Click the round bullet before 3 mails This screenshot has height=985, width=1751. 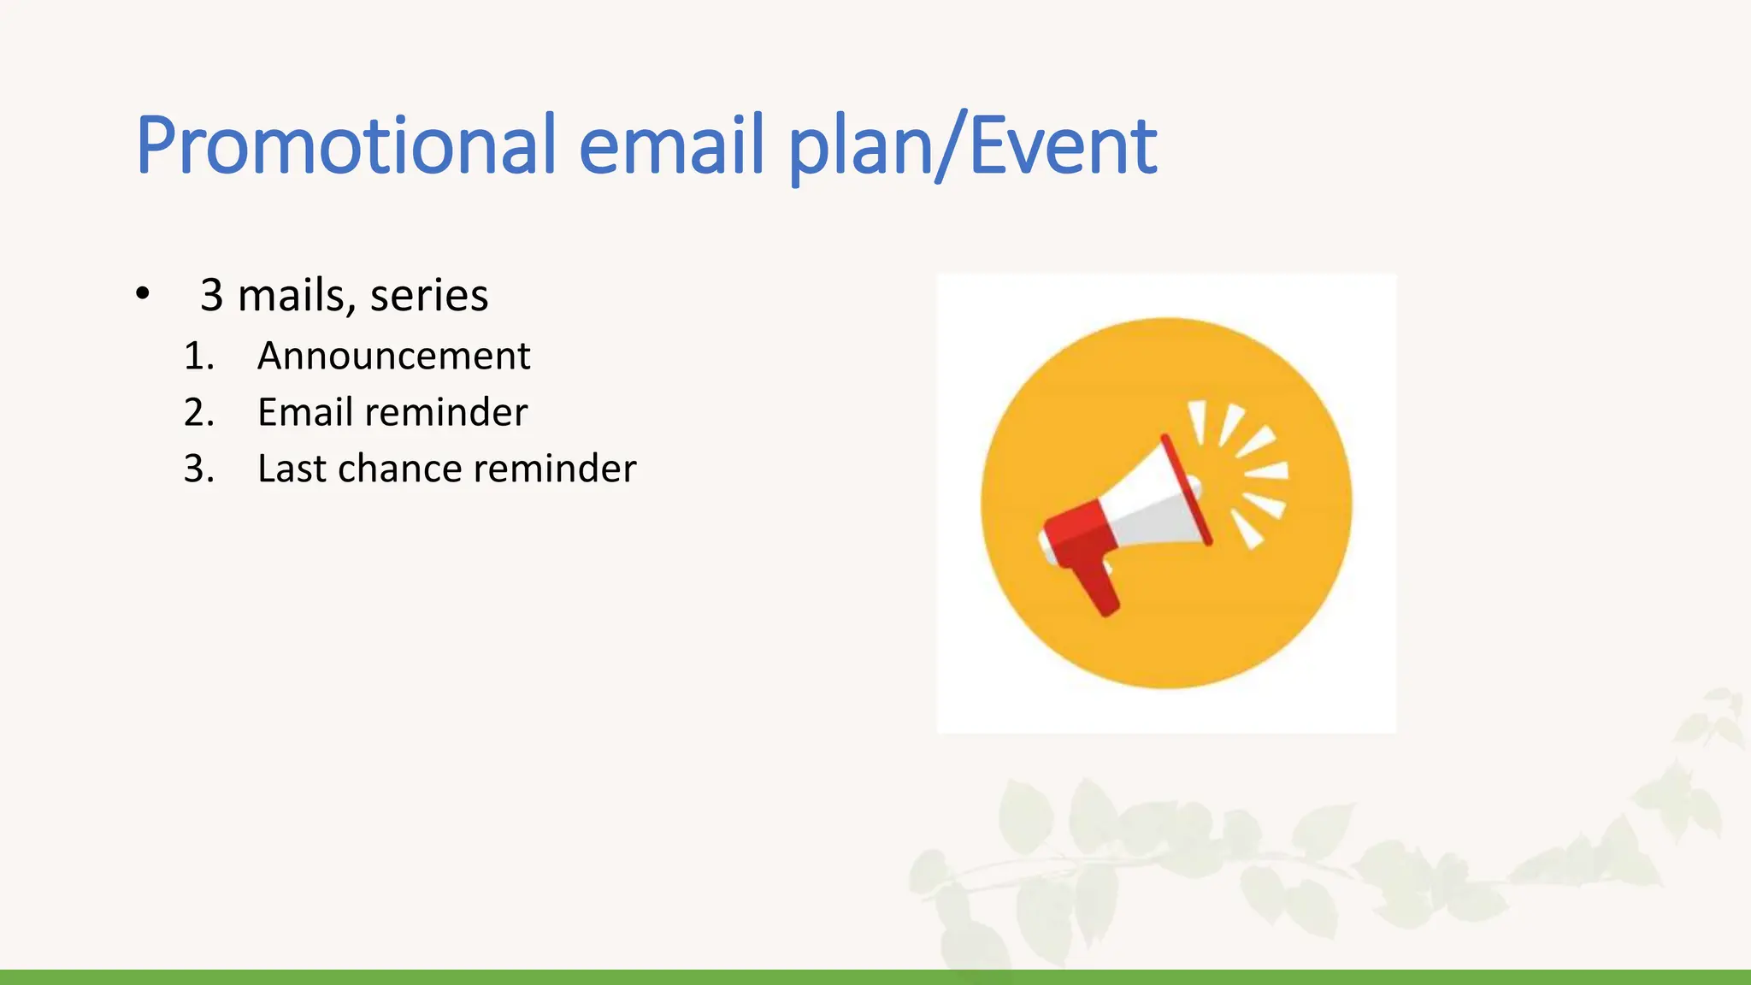143,294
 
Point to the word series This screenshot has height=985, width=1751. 428,296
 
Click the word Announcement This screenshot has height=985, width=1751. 393,356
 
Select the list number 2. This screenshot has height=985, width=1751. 198,412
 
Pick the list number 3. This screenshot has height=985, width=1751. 198,469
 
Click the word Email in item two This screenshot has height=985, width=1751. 304,412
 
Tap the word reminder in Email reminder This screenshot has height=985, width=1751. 445,412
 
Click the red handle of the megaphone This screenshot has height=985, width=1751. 1098,587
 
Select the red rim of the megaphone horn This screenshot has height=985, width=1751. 1187,491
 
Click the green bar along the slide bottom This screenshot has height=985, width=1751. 875,976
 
